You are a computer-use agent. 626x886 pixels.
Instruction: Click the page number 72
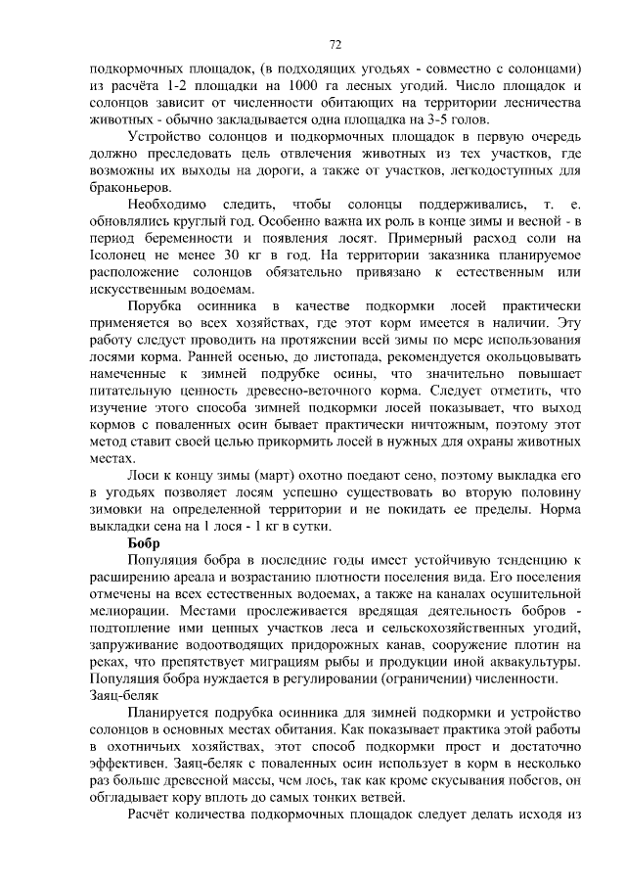point(335,44)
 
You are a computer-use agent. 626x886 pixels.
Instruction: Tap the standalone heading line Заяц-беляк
point(121,694)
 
